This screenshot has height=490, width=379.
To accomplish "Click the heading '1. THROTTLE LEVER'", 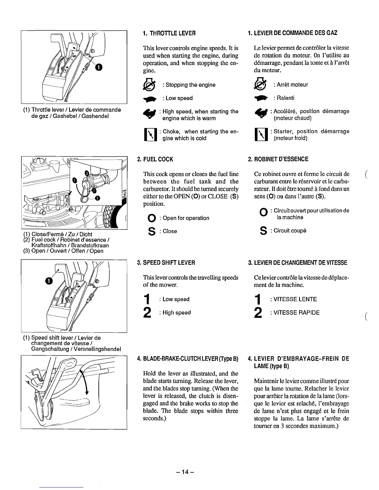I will point(169,33).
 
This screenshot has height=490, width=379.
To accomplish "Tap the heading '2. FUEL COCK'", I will point(155,159).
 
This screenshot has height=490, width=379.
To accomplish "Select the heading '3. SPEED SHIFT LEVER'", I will point(166,263).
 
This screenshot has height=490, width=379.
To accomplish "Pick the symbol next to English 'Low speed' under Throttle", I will point(148,98).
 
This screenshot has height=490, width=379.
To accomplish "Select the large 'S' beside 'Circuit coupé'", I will point(264,231).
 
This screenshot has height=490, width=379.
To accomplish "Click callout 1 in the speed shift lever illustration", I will point(48,280).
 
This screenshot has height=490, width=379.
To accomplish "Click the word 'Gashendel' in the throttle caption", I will point(94,116).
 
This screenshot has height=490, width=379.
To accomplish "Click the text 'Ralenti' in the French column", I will point(285,98).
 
